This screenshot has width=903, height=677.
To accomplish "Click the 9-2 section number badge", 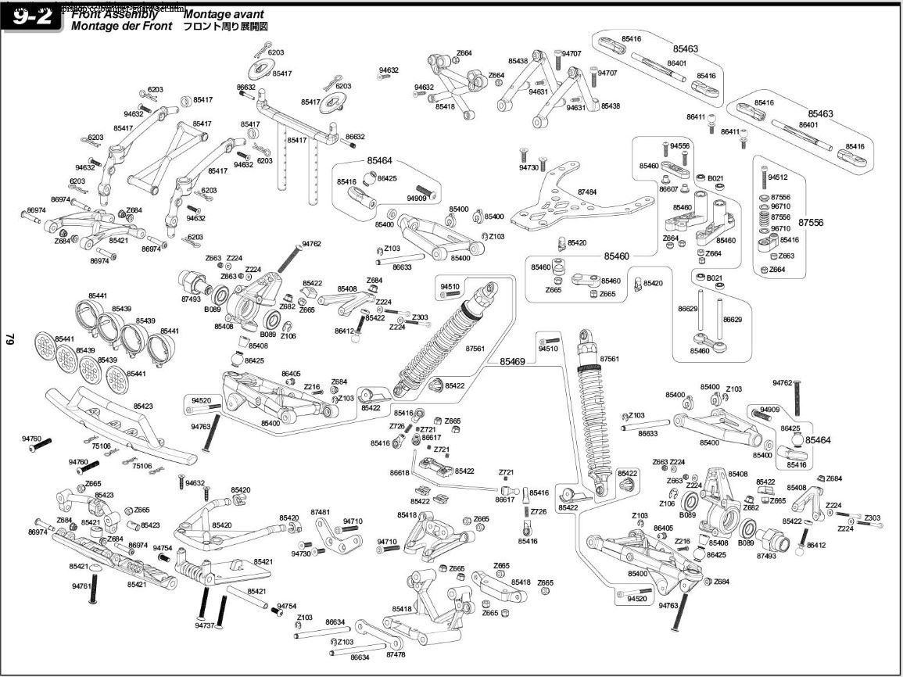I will [x=33, y=18].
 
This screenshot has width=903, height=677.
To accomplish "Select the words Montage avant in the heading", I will [x=224, y=14].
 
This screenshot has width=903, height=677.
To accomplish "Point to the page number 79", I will [x=11, y=338].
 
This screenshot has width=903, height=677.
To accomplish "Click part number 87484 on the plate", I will [x=587, y=192].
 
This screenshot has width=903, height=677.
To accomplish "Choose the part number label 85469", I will [x=513, y=361].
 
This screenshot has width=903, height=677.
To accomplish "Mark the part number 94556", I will [x=679, y=146].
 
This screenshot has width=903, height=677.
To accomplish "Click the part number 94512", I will [x=778, y=177].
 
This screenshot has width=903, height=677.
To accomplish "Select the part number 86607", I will [x=668, y=189].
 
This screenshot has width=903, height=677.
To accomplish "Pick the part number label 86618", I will [x=400, y=473].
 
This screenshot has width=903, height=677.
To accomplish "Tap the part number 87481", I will [x=321, y=512].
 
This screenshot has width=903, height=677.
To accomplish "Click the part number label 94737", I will [x=205, y=625].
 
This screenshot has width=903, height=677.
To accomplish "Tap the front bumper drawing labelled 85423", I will [x=117, y=426].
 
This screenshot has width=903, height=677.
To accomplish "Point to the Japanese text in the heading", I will [x=226, y=26].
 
